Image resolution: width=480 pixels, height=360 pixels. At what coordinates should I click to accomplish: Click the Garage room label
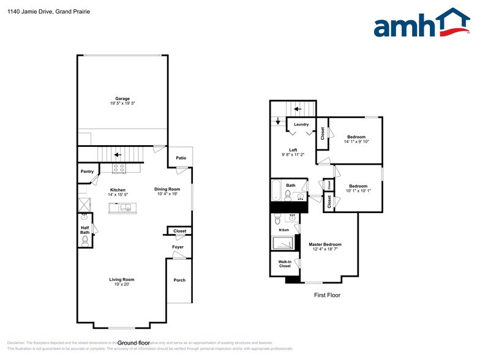(122, 99)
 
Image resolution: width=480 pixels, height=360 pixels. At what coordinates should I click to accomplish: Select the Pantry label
(87, 172)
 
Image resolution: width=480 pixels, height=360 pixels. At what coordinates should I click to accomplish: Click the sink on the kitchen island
(122, 207)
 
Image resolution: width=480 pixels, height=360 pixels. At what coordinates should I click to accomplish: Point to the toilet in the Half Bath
(85, 241)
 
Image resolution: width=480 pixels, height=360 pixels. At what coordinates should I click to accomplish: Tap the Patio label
(181, 159)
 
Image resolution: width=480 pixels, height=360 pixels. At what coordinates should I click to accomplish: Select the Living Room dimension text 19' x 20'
(122, 284)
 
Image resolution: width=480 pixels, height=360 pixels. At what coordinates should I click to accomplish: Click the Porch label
(179, 280)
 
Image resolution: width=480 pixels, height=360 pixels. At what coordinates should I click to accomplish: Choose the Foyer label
(178, 247)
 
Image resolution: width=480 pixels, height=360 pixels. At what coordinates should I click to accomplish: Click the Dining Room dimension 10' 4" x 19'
(167, 194)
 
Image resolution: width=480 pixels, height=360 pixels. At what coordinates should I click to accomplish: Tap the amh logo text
(404, 26)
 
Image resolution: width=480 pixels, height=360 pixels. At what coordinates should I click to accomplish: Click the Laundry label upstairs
(301, 124)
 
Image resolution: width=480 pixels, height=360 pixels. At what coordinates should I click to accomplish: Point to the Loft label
(293, 150)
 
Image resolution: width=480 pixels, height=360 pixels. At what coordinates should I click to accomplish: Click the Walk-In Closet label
(285, 264)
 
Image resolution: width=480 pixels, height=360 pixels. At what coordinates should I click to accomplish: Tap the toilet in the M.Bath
(277, 220)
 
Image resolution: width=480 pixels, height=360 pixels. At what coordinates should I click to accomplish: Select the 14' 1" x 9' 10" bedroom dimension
(356, 141)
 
